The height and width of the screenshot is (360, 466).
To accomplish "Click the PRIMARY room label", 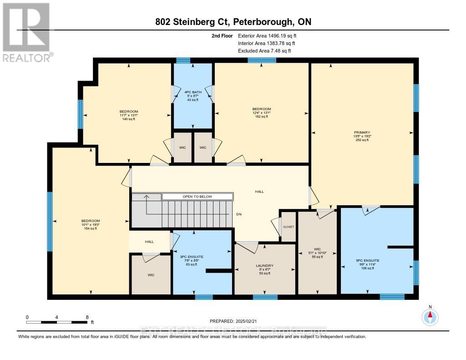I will pos(362,132).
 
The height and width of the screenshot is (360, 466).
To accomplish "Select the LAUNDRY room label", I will pos(265,265).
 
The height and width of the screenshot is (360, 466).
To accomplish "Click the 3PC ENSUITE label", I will pos(194,257).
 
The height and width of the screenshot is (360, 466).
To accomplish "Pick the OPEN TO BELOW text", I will pos(197,197).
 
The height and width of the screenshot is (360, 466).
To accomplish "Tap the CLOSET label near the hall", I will pos(289,227).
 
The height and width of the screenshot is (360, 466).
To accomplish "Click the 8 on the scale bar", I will pos(86,317).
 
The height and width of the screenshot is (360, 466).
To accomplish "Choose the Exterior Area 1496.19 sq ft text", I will pos(268,35).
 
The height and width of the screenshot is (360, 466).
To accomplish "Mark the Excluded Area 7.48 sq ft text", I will pos(264,51).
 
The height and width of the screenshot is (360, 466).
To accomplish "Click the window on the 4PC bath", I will pos(183,60).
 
